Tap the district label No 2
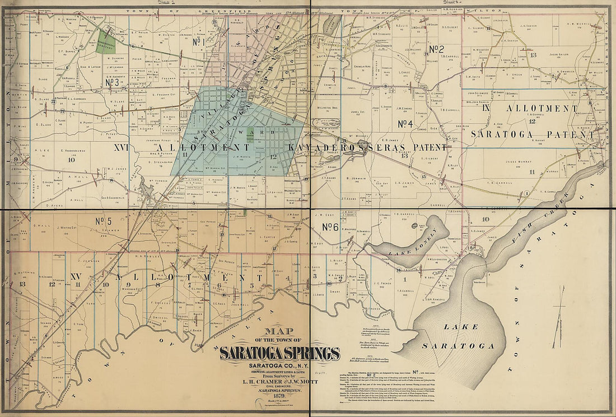(436, 49)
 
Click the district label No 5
(104, 220)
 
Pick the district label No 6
(330, 226)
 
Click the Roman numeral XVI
(120, 148)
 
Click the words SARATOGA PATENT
(521, 133)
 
